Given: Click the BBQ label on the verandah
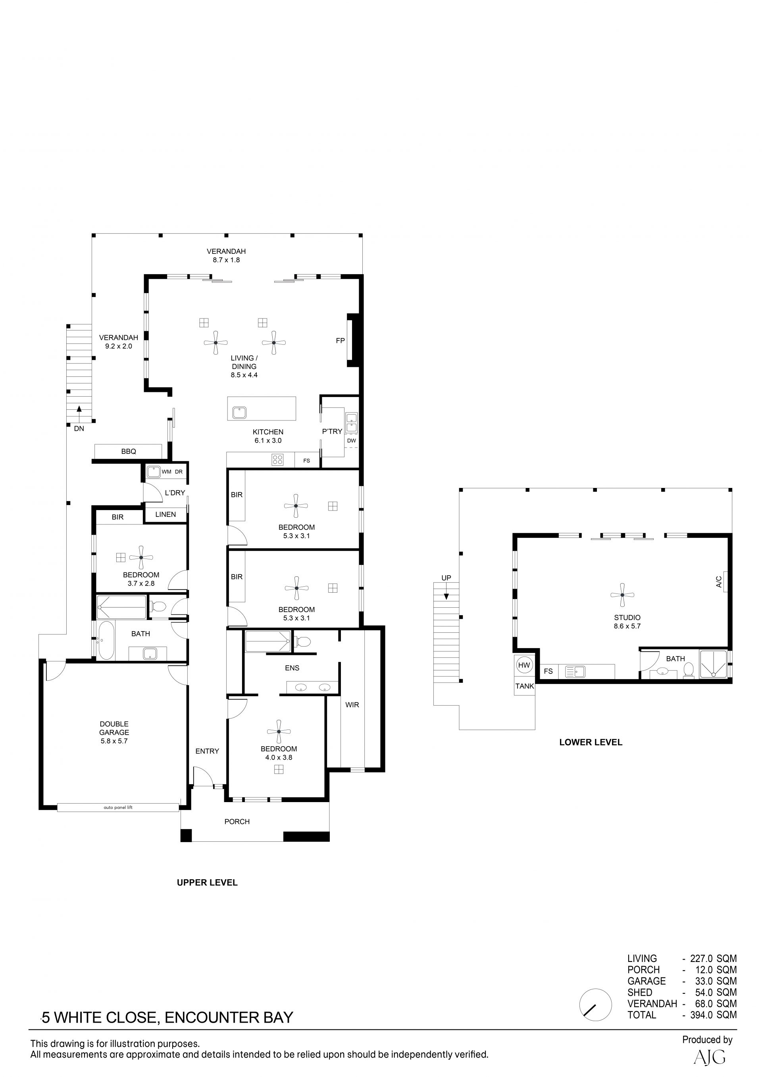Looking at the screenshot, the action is point(129,451).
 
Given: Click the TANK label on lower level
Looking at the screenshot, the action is point(525,686).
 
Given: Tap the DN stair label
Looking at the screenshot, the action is point(79,428).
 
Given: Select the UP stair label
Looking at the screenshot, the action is point(446,578).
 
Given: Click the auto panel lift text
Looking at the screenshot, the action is point(118,807).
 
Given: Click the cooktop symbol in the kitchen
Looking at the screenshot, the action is point(277,460).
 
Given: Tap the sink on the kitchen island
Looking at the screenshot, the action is point(239,413).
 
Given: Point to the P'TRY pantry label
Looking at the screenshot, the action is point(332,432).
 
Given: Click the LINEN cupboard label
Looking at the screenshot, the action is point(165,514).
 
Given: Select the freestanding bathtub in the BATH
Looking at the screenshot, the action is point(106,640).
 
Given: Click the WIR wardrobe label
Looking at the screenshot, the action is point(352,705).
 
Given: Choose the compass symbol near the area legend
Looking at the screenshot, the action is point(595,1004).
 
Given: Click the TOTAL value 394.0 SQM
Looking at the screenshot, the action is point(713,1015).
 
